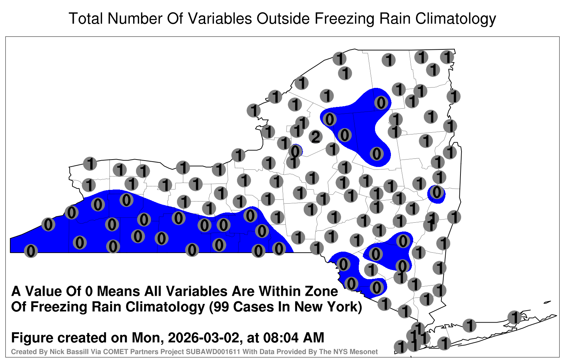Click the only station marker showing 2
pos(316,137)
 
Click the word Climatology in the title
pos(456,18)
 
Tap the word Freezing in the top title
pos(343,18)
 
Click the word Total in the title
pos(86,18)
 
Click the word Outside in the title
pos(283,18)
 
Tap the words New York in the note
pos(324,307)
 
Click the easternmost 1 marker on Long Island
pos(514,317)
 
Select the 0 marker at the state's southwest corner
pos(31,251)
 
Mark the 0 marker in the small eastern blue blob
pos(436,192)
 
